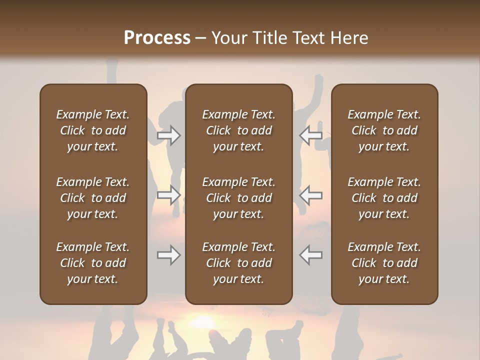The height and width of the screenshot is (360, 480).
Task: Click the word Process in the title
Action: (x=157, y=38)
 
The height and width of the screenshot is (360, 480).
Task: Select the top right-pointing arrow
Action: (x=169, y=135)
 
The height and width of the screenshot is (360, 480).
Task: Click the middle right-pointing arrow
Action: (x=169, y=195)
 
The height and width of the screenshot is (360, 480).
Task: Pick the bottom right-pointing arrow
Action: (x=169, y=255)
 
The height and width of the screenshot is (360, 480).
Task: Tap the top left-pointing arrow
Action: (x=310, y=135)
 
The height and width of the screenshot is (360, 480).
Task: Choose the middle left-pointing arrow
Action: (x=310, y=195)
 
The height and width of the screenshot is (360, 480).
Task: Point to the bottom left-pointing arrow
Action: (x=310, y=255)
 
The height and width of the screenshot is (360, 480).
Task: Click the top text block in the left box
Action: (x=93, y=130)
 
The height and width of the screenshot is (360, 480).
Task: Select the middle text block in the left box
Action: (x=93, y=198)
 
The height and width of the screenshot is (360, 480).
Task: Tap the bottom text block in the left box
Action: (x=93, y=263)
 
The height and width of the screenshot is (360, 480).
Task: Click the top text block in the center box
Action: (x=238, y=130)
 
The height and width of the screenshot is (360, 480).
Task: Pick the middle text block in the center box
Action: (x=238, y=198)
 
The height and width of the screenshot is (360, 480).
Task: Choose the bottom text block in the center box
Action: (x=238, y=263)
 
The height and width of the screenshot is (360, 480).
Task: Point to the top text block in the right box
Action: (x=384, y=130)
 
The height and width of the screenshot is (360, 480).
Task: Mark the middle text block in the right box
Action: (x=384, y=198)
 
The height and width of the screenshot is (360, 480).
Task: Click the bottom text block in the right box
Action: (x=384, y=263)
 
